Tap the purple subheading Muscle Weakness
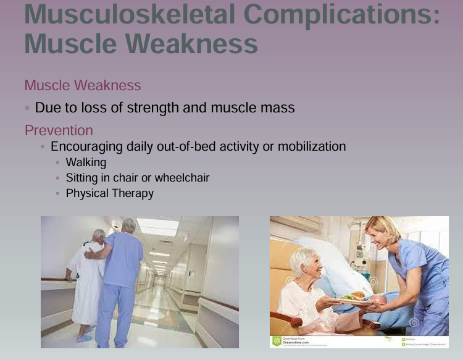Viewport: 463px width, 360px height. pyautogui.click(x=83, y=85)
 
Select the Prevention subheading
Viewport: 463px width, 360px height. pyautogui.click(x=59, y=130)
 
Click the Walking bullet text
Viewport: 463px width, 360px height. pyautogui.click(x=86, y=162)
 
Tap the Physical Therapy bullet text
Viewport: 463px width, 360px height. pyautogui.click(x=110, y=193)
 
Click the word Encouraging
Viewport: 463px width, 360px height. pyautogui.click(x=87, y=146)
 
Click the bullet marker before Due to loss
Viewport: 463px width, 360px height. pyautogui.click(x=27, y=107)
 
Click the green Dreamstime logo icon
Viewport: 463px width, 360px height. pyautogui.click(x=277, y=341)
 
